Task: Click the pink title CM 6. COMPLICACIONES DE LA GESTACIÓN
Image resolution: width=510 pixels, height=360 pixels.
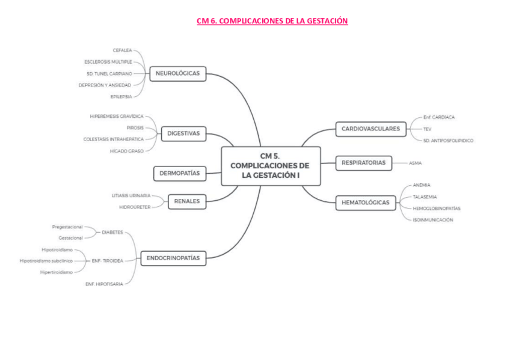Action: click(272, 21)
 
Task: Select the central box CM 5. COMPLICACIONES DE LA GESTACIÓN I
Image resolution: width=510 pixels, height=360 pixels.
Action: click(271, 166)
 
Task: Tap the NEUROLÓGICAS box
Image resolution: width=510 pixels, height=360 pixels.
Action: click(177, 73)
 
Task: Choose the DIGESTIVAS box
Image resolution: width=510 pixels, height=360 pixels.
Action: click(183, 133)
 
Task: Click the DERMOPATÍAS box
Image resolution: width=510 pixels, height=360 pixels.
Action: click(179, 174)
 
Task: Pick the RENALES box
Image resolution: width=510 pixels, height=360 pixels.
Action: click(186, 201)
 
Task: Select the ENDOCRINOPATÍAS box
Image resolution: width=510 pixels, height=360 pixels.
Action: click(173, 258)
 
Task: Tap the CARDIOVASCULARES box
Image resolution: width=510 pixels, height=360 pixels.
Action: click(370, 129)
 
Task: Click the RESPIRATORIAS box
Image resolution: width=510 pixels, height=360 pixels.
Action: click(363, 163)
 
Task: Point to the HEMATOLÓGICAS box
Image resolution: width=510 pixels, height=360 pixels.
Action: click(365, 203)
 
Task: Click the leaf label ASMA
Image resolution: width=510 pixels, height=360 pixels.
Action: click(415, 163)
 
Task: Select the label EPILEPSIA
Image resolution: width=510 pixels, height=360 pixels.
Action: click(120, 96)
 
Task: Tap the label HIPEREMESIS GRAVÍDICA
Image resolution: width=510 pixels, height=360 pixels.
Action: click(117, 116)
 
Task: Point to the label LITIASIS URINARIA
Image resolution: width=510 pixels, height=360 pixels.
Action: click(131, 195)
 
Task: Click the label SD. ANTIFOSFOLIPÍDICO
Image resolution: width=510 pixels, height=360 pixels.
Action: click(448, 140)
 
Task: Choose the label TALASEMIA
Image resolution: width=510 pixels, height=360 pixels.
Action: click(425, 197)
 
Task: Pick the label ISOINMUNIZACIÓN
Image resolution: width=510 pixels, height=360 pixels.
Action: click(432, 220)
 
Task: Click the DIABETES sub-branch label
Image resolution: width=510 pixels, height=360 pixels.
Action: click(112, 232)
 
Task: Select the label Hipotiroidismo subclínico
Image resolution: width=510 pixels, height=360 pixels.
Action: click(46, 261)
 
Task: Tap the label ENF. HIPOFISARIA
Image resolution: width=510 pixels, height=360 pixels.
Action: click(104, 284)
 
